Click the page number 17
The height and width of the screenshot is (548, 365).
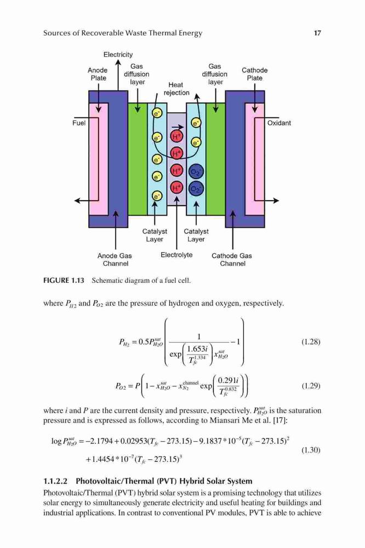tap(317, 33)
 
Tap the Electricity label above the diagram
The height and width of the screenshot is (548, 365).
tap(118, 54)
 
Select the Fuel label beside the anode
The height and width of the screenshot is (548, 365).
tap(79, 123)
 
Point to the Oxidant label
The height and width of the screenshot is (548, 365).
tap(279, 123)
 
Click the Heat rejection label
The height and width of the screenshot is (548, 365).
tap(176, 89)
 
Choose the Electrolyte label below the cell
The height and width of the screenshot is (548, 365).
tap(176, 255)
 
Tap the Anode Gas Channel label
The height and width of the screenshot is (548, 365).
tap(115, 260)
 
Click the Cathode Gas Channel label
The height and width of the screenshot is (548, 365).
tap(232, 260)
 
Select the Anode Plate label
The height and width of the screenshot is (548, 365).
tap(98, 74)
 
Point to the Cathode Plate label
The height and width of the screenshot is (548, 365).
tap(254, 74)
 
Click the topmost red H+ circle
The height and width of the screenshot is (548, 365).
tap(176, 136)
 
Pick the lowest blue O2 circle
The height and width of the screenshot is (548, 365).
tap(196, 189)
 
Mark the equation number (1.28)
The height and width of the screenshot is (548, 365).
tap(310, 342)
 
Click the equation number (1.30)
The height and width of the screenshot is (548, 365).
tap(310, 450)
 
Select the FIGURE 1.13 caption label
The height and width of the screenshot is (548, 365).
tap(64, 280)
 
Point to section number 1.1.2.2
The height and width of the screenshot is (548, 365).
tap(55, 481)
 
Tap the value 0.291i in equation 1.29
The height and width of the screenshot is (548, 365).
tap(228, 381)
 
